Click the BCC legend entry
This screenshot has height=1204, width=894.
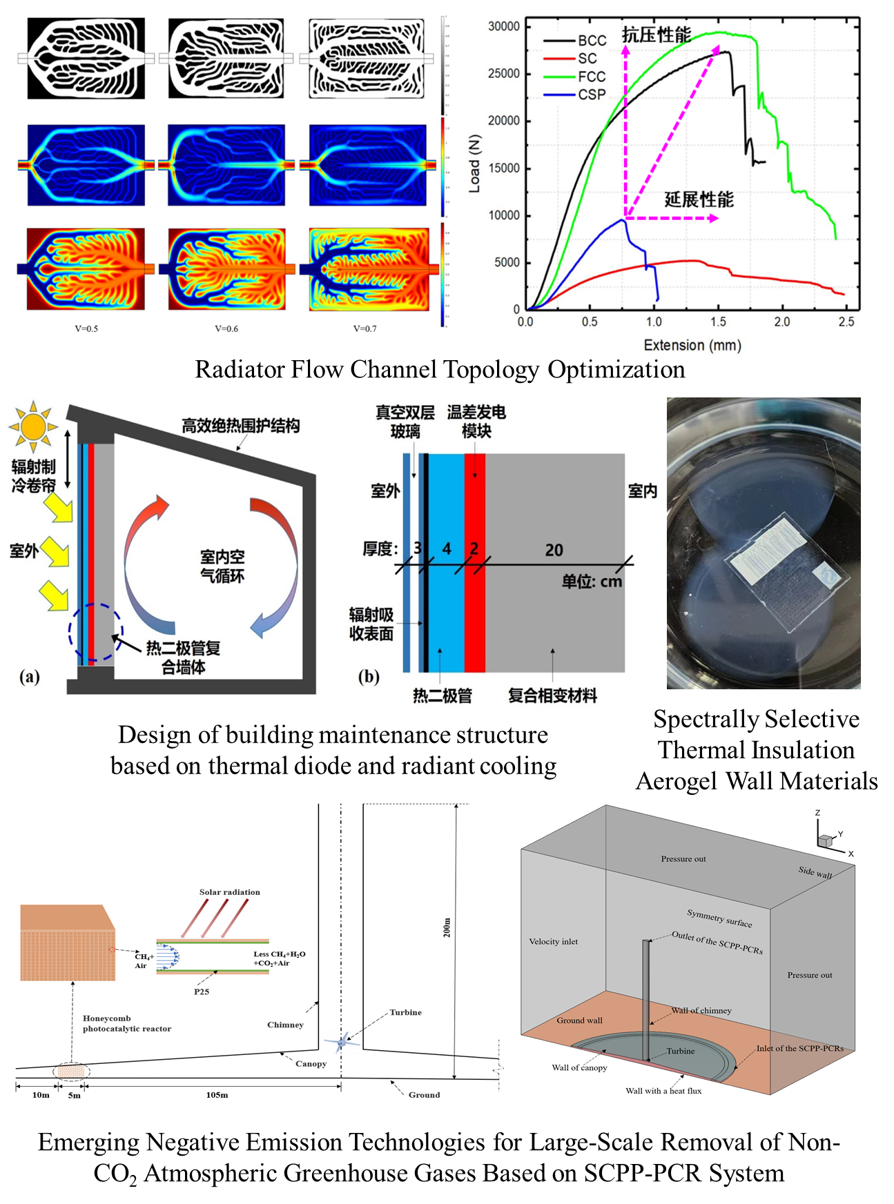click(592, 41)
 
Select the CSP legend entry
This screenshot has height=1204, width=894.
click(592, 95)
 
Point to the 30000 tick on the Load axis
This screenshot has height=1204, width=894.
click(503, 26)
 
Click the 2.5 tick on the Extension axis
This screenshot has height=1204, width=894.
click(846, 322)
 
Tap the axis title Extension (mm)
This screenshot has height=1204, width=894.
click(692, 345)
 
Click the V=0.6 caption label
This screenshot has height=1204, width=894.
click(226, 328)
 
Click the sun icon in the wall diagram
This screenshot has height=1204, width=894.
click(32, 428)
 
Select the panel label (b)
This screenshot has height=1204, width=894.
click(369, 676)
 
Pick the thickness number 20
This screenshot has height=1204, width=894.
click(554, 550)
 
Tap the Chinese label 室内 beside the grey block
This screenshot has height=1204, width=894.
click(642, 491)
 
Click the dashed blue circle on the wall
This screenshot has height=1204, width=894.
click(96, 631)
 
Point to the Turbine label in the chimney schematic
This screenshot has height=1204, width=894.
click(405, 1012)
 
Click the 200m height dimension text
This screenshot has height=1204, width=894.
click(447, 927)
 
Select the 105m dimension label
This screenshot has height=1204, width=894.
click(217, 1095)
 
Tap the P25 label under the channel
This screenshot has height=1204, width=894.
click(201, 991)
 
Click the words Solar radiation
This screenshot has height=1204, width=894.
click(230, 892)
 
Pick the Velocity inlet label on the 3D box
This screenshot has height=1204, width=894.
click(553, 941)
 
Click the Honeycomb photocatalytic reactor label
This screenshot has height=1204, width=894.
click(126, 1023)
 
